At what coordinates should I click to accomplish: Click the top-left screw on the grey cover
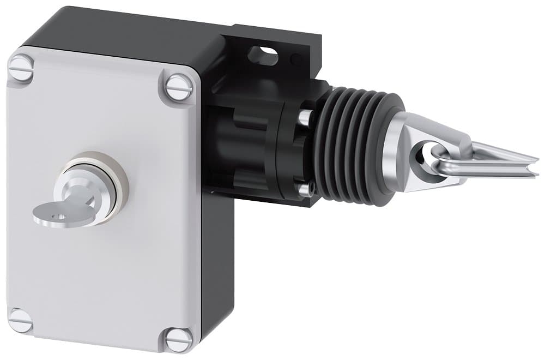click(x=21, y=68)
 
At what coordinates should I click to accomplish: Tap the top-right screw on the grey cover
click(x=179, y=87)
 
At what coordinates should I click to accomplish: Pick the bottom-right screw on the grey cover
click(x=179, y=340)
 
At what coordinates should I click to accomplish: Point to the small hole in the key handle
click(x=60, y=217)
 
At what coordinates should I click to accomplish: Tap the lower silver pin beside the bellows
click(x=306, y=189)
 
